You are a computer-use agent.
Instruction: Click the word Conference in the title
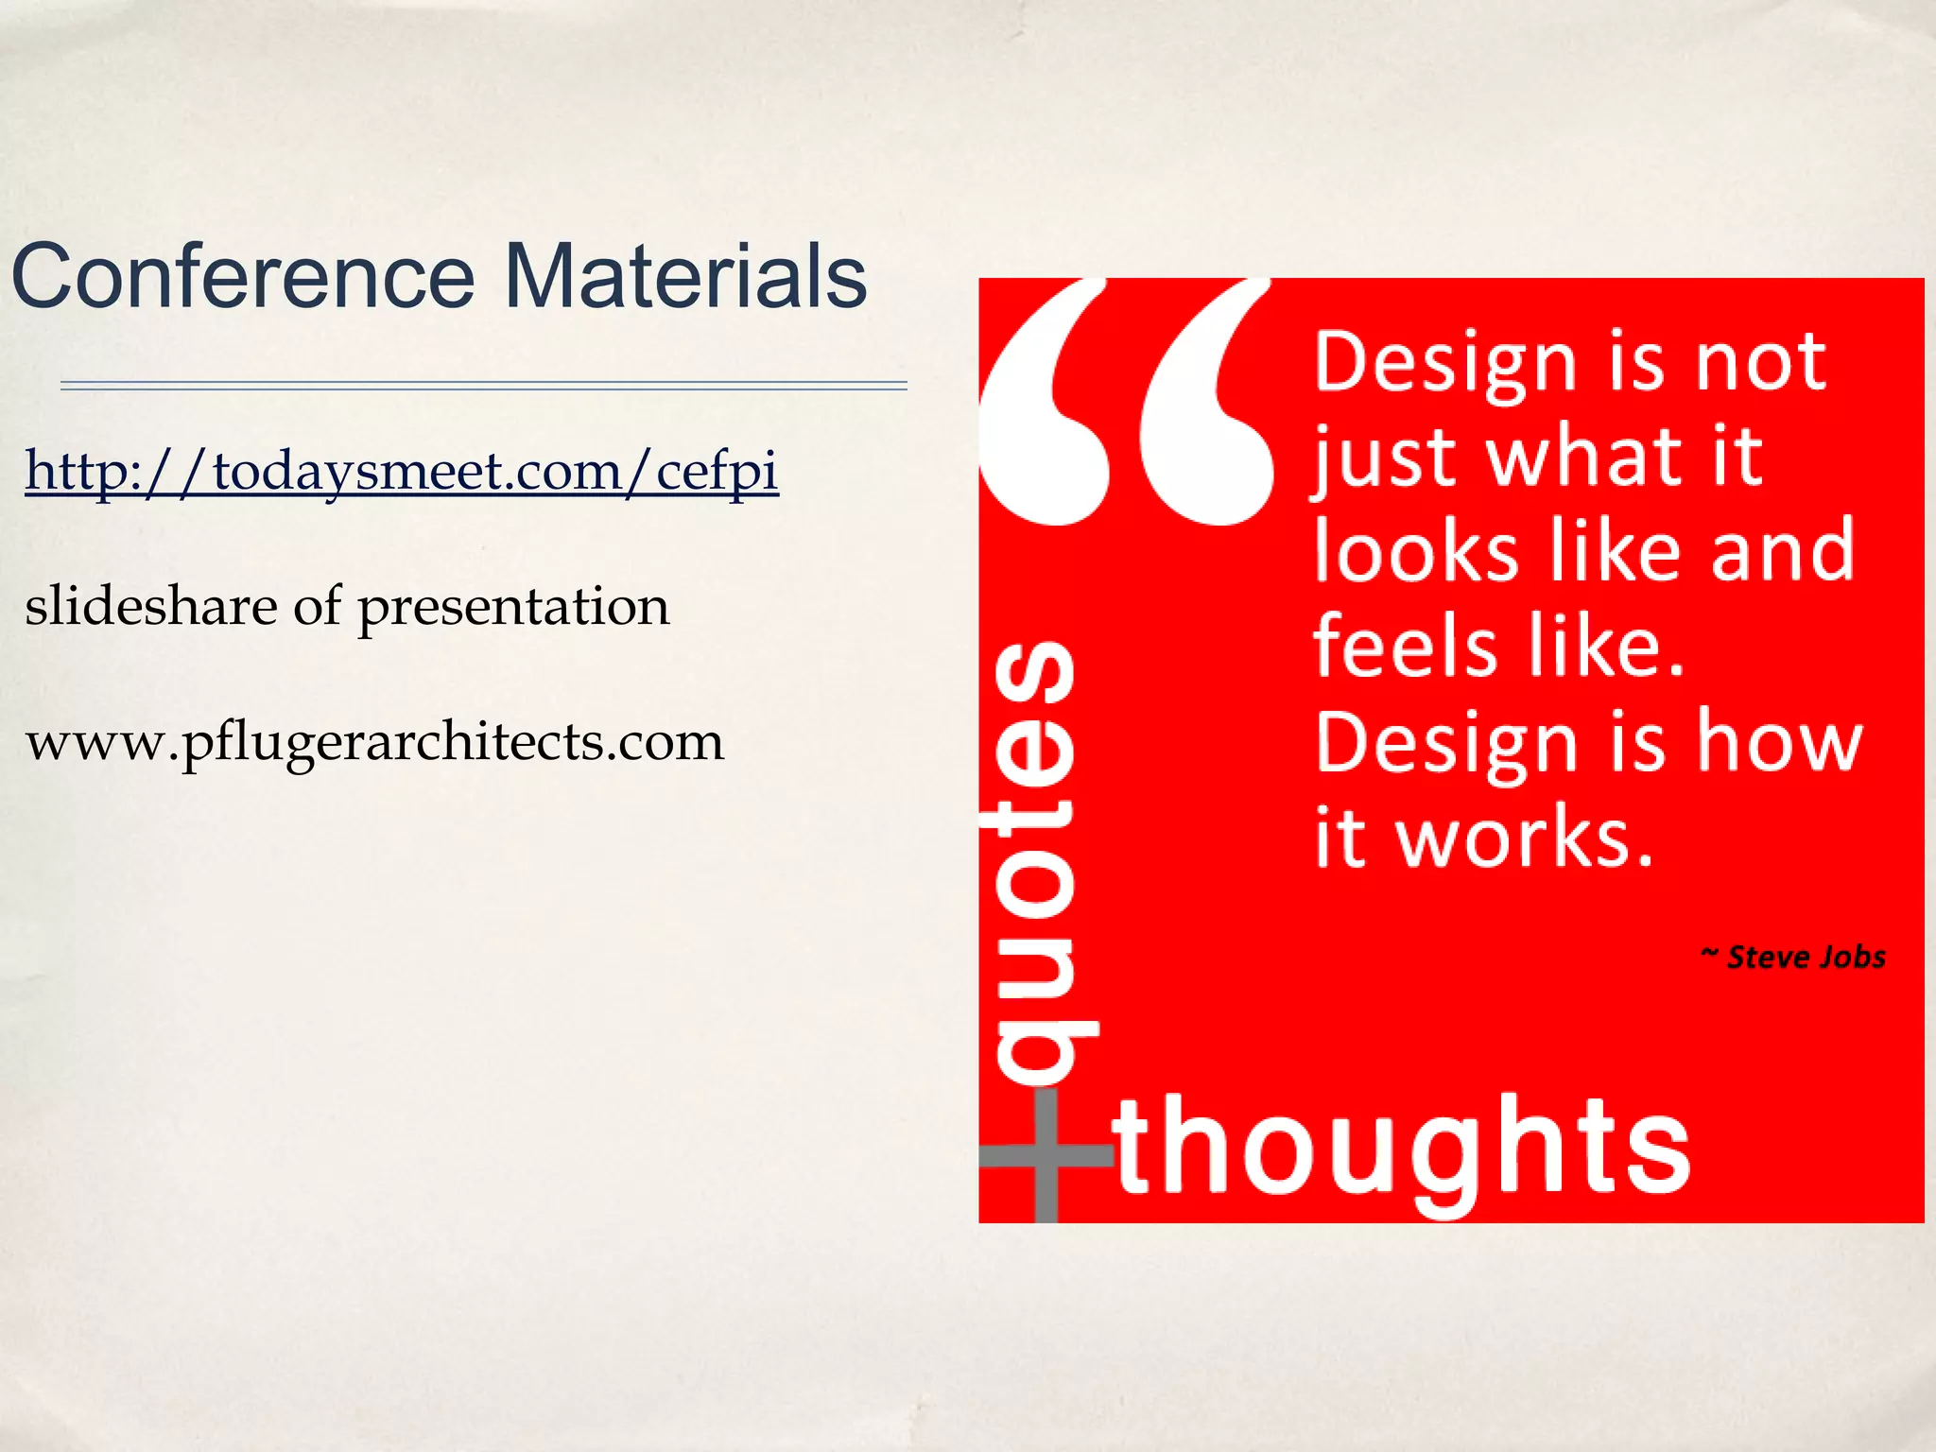point(243,276)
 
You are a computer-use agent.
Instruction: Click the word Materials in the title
point(685,276)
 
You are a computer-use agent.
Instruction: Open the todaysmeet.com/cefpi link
point(402,471)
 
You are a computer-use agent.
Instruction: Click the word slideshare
point(150,606)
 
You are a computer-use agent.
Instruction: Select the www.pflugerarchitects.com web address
point(374,742)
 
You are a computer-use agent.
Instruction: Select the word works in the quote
point(1525,837)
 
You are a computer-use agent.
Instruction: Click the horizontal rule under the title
point(483,386)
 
